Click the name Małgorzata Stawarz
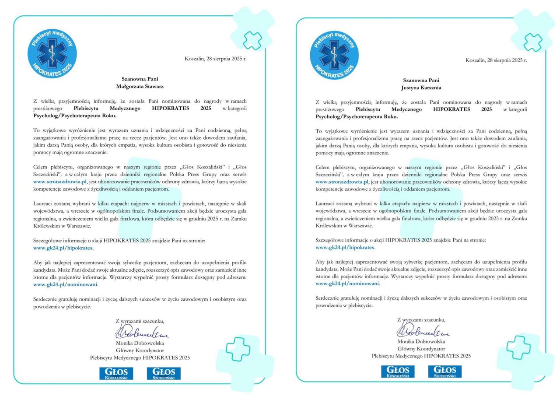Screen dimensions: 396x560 click(x=140, y=87)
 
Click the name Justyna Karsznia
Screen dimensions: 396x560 click(x=421, y=87)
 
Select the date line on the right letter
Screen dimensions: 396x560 click(x=497, y=60)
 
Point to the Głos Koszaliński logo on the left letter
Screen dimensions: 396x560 click(x=116, y=373)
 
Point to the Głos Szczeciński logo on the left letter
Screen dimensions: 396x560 click(x=164, y=373)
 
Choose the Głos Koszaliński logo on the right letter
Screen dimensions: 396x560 click(x=398, y=371)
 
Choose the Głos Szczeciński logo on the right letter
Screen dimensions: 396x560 click(x=445, y=371)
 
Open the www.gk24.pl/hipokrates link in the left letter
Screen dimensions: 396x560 click(x=63, y=248)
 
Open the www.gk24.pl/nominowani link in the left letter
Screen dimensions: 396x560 click(x=66, y=284)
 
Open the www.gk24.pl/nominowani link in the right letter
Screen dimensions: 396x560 click(x=347, y=283)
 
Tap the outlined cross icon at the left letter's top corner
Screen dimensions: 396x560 click(x=252, y=40)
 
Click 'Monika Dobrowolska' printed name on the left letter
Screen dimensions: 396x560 click(x=140, y=343)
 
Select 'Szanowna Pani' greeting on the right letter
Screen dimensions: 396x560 click(x=421, y=80)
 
